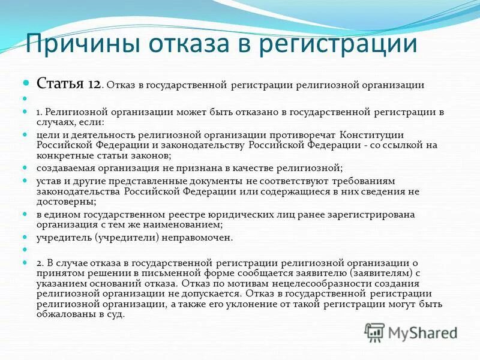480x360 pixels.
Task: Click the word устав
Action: [48, 181]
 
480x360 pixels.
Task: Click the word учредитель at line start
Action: [61, 237]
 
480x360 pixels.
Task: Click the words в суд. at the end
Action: [110, 314]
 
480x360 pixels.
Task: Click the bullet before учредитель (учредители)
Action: [26, 236]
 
